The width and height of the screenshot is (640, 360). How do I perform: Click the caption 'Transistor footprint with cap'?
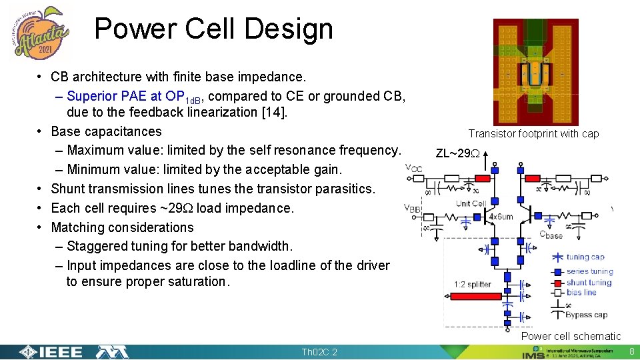click(x=533, y=134)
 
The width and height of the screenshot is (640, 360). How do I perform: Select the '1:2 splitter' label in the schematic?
click(x=472, y=285)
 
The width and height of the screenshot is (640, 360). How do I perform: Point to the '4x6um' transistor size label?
click(x=500, y=216)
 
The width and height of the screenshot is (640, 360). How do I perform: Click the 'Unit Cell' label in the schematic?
click(x=471, y=203)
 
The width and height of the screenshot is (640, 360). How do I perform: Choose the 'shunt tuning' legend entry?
click(x=589, y=282)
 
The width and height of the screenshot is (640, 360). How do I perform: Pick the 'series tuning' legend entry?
click(x=589, y=272)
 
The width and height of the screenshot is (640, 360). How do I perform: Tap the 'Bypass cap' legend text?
click(x=586, y=315)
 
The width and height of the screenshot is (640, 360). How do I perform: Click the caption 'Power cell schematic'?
click(x=571, y=337)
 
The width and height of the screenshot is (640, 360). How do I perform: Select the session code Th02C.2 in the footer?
click(x=320, y=352)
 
